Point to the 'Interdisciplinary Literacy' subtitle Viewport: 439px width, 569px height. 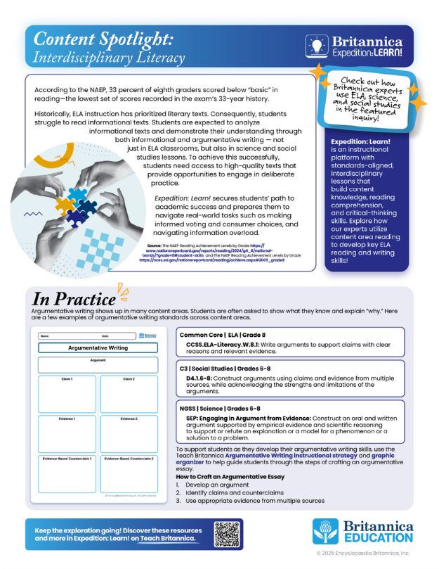tap(110, 57)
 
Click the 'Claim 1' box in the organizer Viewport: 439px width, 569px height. tap(67, 393)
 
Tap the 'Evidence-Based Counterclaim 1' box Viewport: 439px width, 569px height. tap(67, 474)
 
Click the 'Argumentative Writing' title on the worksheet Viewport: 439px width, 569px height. tap(98, 347)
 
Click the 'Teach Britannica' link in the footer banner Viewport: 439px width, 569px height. tap(167, 539)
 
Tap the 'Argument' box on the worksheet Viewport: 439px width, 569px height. tap(98, 365)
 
